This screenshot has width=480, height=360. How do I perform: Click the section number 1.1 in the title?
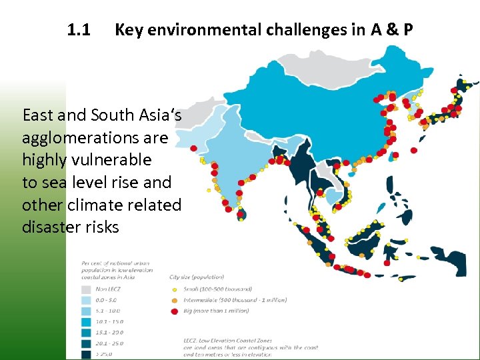79,30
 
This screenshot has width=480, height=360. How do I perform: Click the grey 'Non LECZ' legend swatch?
85,289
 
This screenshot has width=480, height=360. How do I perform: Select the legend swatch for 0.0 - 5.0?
85,300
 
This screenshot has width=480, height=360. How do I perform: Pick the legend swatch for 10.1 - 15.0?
85,321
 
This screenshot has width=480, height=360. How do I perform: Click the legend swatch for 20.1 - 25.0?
85,343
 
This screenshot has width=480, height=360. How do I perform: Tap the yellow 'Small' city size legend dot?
175,290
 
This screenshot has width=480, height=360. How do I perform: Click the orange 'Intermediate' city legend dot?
175,301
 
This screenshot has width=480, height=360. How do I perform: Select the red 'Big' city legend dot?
175,311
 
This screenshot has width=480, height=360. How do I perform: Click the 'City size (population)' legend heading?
197,277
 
